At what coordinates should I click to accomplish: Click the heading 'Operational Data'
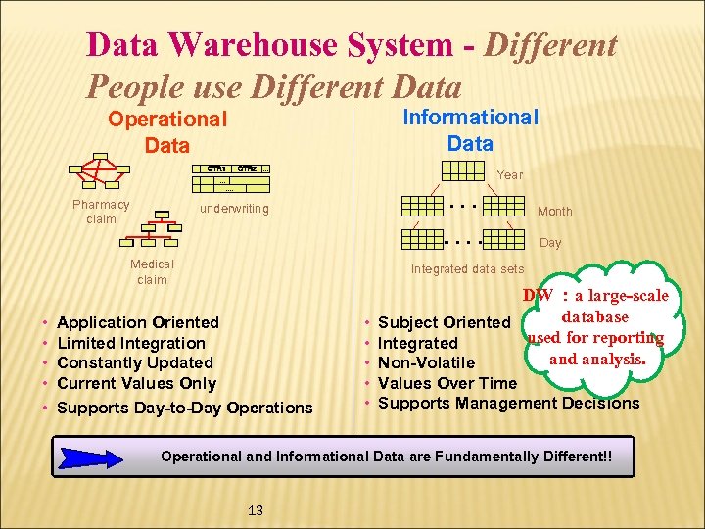click(x=166, y=132)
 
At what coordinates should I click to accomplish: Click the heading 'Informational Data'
click(x=470, y=129)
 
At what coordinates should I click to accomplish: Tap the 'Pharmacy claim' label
click(x=101, y=212)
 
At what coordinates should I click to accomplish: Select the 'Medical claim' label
click(x=152, y=271)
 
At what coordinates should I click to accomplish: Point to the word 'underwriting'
click(x=234, y=209)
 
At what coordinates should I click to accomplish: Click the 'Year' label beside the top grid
click(x=510, y=175)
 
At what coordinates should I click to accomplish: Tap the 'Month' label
click(x=554, y=212)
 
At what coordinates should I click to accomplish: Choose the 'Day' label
click(x=550, y=243)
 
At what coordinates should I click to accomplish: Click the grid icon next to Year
click(x=463, y=170)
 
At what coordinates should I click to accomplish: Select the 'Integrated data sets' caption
click(x=467, y=269)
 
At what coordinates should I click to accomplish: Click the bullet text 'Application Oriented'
click(x=138, y=322)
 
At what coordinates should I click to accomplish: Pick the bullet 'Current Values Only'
click(x=136, y=383)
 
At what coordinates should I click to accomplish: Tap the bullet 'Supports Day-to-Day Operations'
click(x=185, y=408)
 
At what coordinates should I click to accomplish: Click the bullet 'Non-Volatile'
click(x=426, y=363)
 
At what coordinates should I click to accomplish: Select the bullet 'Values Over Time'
click(x=446, y=383)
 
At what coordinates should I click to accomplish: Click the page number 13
click(x=256, y=510)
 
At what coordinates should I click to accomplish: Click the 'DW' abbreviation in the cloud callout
click(x=539, y=296)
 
